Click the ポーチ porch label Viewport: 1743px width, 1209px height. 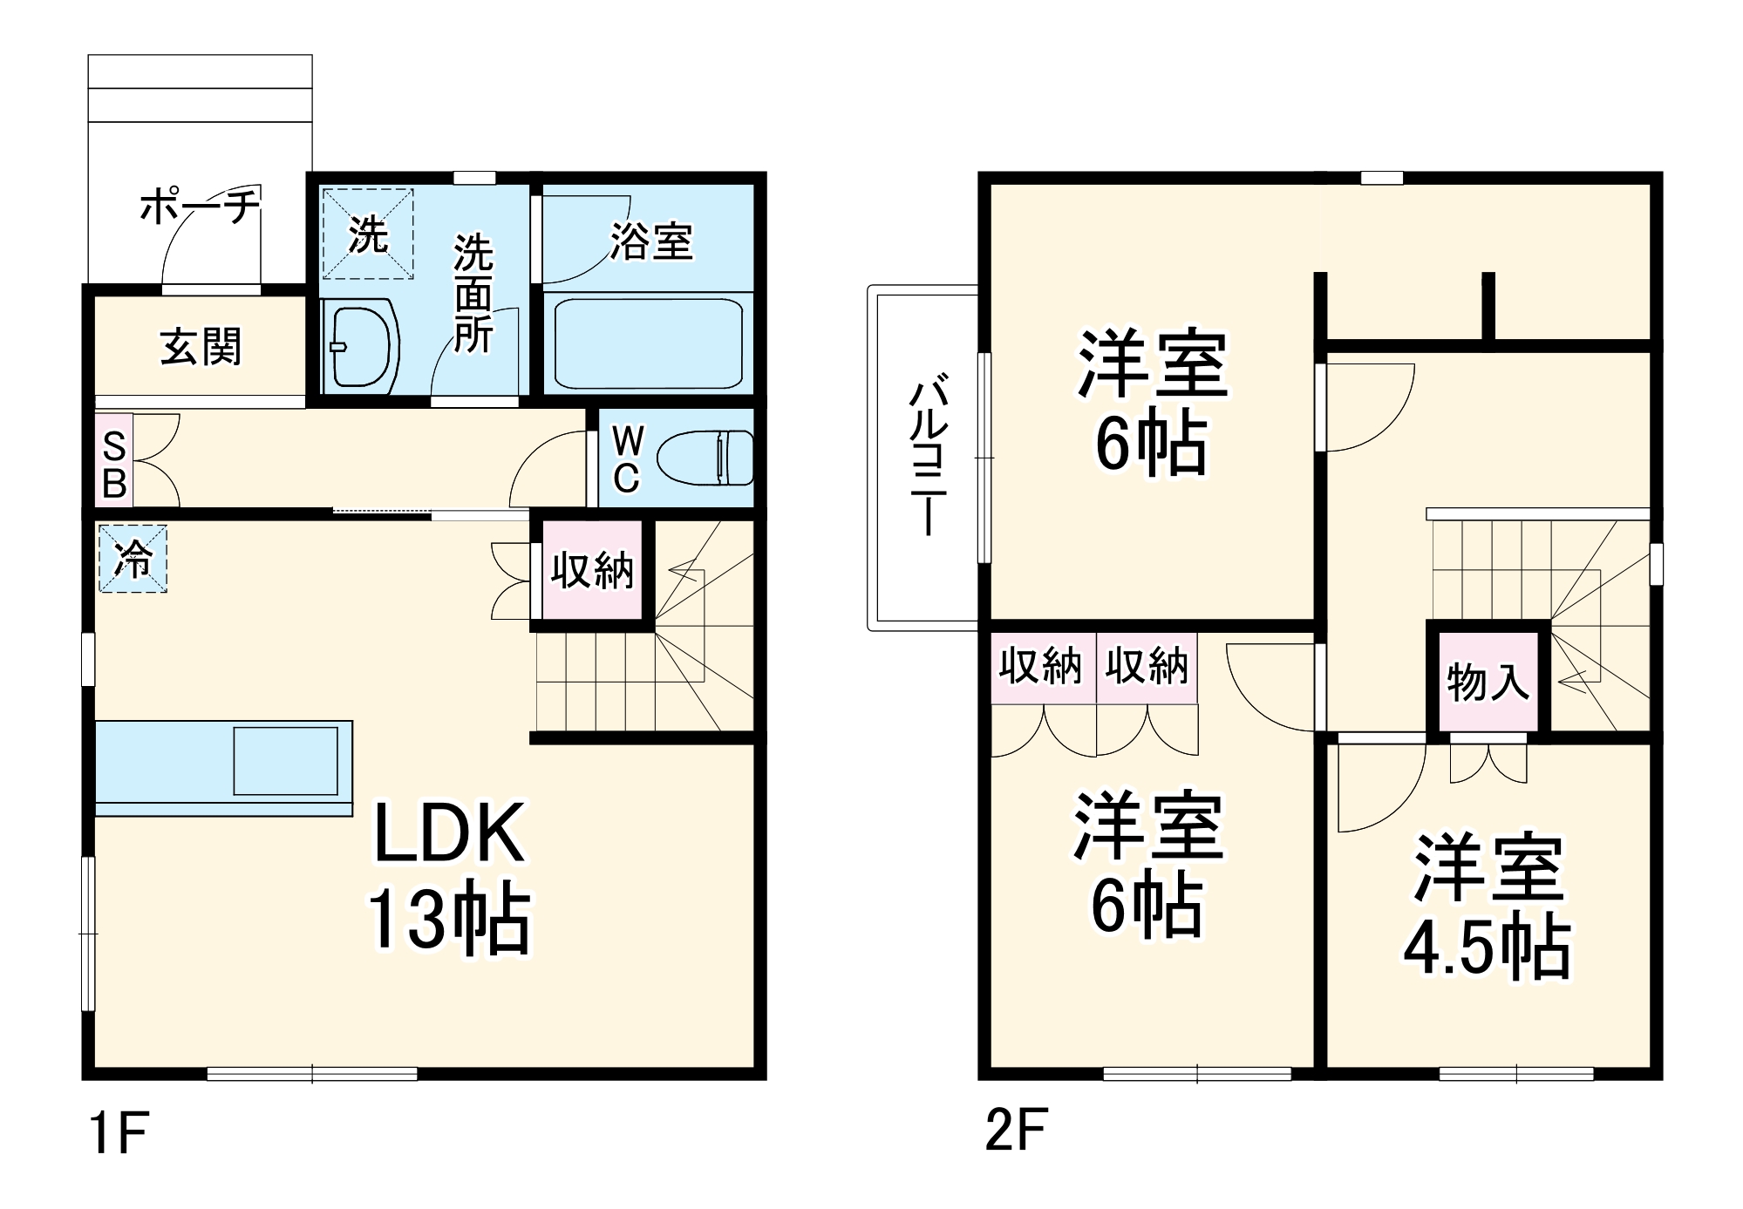(x=201, y=207)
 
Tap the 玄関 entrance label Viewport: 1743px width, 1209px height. (x=201, y=347)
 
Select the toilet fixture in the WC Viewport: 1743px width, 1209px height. (x=705, y=458)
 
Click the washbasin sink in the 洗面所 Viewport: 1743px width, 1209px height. (x=360, y=346)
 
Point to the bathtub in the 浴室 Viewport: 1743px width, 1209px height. (x=648, y=343)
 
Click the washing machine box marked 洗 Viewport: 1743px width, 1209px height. (x=368, y=234)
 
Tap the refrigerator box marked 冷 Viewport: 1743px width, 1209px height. (x=133, y=559)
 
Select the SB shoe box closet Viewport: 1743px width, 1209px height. (x=114, y=461)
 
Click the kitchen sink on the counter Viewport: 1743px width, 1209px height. (x=285, y=761)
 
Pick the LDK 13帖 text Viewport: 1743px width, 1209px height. (x=448, y=875)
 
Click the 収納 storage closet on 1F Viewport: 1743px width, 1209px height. (x=592, y=570)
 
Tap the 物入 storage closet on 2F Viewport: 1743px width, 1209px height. (x=1488, y=681)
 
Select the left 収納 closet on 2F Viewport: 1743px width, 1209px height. (x=1041, y=668)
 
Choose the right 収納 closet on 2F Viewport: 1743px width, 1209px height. (x=1147, y=668)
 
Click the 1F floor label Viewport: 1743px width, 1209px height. (x=119, y=1132)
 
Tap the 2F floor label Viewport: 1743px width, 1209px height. (x=1015, y=1131)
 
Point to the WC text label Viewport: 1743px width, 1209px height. (x=626, y=459)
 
